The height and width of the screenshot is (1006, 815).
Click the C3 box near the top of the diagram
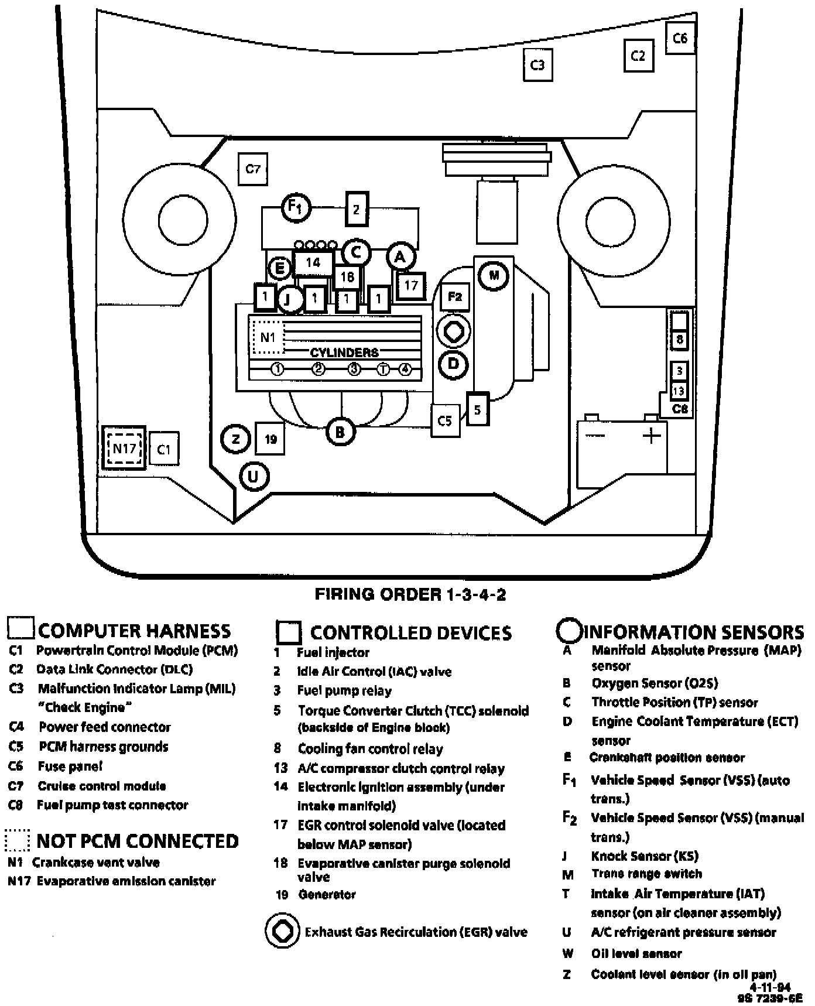coord(537,64)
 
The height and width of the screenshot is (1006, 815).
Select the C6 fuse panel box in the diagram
coord(680,39)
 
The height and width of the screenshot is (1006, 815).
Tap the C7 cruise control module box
coord(252,169)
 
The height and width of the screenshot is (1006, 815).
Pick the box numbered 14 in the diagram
coord(313,263)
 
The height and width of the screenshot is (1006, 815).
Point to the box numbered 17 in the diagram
coord(411,285)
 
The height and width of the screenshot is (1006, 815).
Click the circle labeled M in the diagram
coord(494,275)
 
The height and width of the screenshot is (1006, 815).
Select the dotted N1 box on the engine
coord(268,337)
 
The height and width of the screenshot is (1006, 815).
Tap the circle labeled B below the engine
coord(340,432)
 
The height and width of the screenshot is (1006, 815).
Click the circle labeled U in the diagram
coord(254,476)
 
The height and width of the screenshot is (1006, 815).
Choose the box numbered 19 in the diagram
coord(270,439)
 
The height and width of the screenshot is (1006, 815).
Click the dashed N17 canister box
coord(124,449)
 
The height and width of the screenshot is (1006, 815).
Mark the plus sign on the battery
coord(651,435)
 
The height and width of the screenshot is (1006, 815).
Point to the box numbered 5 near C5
coord(478,409)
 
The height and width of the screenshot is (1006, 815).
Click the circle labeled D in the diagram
coord(453,364)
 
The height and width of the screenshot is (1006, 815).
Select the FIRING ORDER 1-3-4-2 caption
coord(410,594)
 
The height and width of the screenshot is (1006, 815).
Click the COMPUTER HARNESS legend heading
coord(134,631)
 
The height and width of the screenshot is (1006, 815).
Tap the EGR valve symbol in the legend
coord(284,931)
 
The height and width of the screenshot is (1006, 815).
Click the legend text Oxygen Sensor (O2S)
coord(655,683)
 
